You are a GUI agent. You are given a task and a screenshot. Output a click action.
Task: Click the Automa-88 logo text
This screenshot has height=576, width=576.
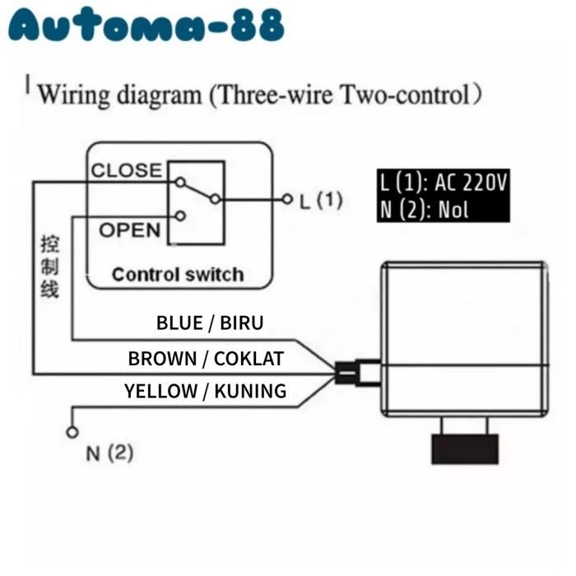click(146, 27)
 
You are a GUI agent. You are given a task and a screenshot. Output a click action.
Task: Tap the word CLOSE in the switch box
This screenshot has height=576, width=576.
click(126, 170)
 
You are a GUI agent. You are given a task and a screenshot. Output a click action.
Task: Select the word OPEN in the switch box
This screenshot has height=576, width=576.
click(129, 230)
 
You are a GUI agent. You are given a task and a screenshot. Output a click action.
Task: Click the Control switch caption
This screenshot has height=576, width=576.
click(178, 274)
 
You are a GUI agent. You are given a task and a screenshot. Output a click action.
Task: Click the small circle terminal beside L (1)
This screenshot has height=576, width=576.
click(287, 199)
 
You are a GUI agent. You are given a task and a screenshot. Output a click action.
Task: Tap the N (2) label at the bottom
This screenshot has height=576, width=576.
click(109, 453)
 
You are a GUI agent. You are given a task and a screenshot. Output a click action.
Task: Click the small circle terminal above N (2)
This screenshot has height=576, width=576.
click(72, 432)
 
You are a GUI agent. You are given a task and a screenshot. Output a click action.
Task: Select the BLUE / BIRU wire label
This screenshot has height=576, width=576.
click(210, 322)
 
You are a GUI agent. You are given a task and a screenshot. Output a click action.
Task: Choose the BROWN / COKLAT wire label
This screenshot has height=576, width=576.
click(206, 359)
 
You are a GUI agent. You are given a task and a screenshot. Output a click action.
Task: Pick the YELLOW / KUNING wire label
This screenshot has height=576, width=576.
click(206, 391)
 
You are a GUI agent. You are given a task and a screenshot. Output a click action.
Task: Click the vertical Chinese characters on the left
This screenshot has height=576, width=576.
click(49, 267)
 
